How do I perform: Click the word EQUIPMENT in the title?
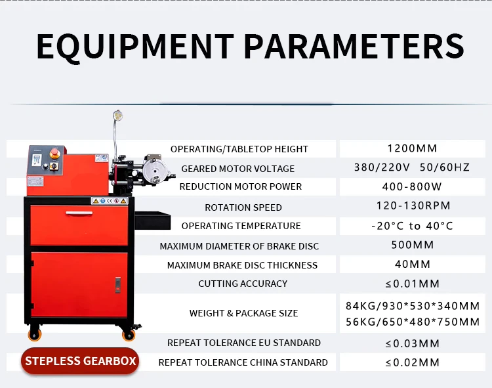[134, 46]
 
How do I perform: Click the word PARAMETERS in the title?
[354, 46]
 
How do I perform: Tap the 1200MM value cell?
[412, 148]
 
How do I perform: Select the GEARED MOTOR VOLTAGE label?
[238, 169]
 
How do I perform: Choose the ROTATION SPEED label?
[243, 207]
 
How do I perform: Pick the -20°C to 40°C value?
[412, 226]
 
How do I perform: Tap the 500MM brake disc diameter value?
[412, 246]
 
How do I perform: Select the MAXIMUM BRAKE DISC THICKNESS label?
[242, 265]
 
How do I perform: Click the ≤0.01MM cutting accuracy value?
[412, 284]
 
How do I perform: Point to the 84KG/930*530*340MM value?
[413, 306]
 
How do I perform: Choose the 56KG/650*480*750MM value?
[413, 322]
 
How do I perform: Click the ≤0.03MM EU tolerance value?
[412, 343]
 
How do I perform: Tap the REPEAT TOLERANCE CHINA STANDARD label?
[243, 362]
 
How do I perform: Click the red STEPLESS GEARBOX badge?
[81, 361]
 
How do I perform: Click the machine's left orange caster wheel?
[34, 334]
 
